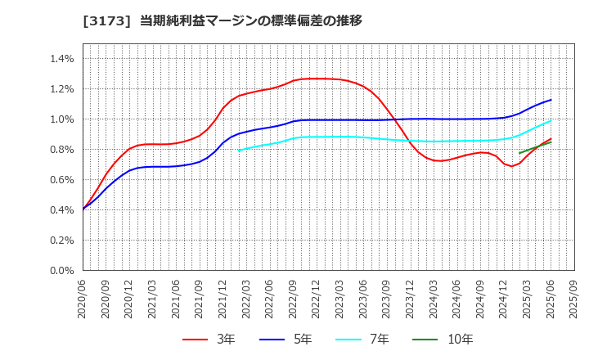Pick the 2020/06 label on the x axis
pyautogui.click(x=83, y=299)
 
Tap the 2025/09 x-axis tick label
pyautogui.click(x=574, y=299)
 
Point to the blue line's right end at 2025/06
pyautogui.click(x=551, y=100)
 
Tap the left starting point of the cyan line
pyautogui.click(x=239, y=150)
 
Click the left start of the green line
pyautogui.click(x=519, y=153)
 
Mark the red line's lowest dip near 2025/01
pyautogui.click(x=512, y=166)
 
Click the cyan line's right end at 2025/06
pyautogui.click(x=551, y=121)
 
